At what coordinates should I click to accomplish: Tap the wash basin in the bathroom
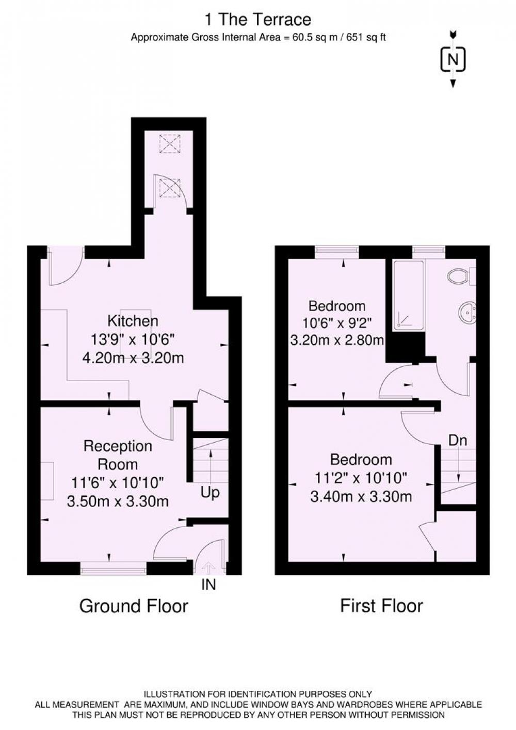(468, 313)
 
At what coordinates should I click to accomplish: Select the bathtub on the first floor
(409, 295)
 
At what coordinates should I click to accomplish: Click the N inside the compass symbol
(453, 60)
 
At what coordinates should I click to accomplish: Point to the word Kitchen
(133, 321)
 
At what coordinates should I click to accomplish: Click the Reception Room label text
(118, 455)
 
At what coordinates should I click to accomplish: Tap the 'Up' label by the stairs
(209, 493)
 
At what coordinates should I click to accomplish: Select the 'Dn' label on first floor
(457, 441)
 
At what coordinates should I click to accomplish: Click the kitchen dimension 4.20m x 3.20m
(133, 358)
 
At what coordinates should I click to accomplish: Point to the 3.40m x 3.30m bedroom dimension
(361, 497)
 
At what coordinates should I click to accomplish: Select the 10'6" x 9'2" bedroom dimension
(337, 323)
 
